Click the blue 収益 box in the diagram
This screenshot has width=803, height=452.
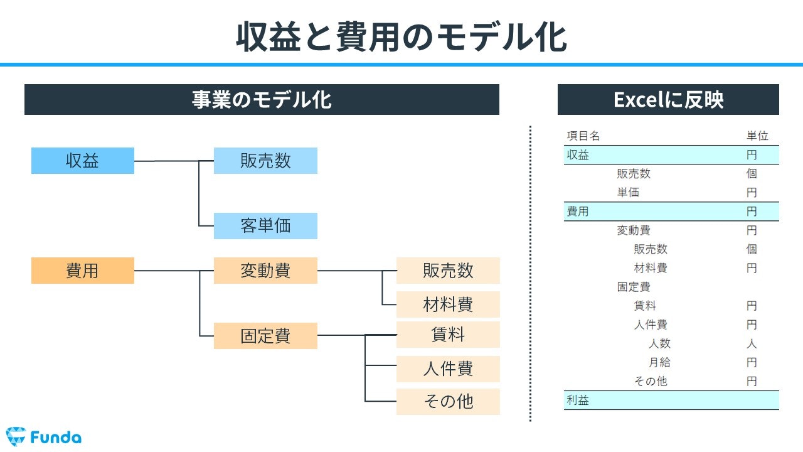pos(83,161)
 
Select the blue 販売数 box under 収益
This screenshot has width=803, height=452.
pos(265,161)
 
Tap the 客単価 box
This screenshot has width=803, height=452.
pos(265,226)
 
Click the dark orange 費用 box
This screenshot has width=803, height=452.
pos(83,271)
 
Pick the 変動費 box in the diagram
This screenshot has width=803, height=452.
pos(265,271)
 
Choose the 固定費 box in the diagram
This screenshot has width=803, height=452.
pos(265,336)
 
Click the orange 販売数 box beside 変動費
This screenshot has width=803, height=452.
pos(448,271)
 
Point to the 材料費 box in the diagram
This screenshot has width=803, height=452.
pos(448,304)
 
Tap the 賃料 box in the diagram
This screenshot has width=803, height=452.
pos(448,335)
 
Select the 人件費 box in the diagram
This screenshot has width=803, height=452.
pos(448,369)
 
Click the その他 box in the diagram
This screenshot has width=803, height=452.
pos(448,402)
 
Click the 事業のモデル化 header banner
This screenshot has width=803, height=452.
pos(262,100)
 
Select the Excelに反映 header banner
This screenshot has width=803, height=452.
pos(668,100)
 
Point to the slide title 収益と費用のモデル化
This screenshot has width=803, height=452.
pos(401,37)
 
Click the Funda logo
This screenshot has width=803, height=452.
pos(44,436)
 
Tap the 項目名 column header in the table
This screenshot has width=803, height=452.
pos(583,136)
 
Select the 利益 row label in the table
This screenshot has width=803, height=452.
pos(578,401)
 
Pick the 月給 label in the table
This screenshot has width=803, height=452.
pos(659,362)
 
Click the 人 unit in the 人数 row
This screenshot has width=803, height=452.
pos(752,343)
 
